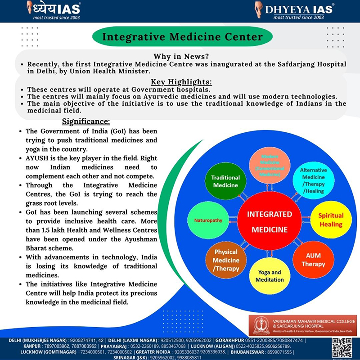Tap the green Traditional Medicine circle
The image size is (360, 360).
tap(225, 181)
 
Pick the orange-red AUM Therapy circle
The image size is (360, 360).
tap(313, 259)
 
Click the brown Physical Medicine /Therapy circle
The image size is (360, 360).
tap(226, 261)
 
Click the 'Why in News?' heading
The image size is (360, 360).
tap(180, 57)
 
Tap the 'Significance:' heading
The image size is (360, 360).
tap(85, 121)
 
